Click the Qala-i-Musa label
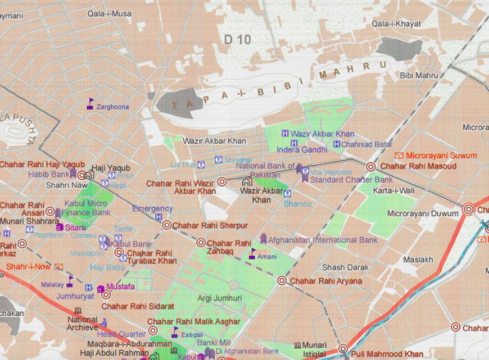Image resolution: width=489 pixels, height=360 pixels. click(109, 13)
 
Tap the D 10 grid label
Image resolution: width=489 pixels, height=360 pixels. click(236, 39)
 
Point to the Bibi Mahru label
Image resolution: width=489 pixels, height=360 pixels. click(419, 75)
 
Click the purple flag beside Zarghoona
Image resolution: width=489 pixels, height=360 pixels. click(90, 103)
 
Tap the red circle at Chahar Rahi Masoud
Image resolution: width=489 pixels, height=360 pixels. click(371, 167)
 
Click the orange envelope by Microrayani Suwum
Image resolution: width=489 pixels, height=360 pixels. click(399, 156)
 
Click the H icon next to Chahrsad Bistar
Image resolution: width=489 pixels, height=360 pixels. click(336, 144)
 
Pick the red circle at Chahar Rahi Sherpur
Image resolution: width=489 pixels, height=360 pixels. click(167, 225)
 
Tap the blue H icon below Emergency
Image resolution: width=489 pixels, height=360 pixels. click(158, 217)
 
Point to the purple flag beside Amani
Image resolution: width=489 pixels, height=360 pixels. click(252, 254)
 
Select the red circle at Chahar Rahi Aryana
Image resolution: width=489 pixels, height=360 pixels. click(282, 281)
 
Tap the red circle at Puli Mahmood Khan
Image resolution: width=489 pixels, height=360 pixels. click(343, 349)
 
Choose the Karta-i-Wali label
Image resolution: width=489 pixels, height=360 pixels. click(393, 191)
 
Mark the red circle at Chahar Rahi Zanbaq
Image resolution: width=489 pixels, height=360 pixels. click(201, 243)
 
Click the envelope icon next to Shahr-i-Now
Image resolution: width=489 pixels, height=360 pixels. click(58, 267)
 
